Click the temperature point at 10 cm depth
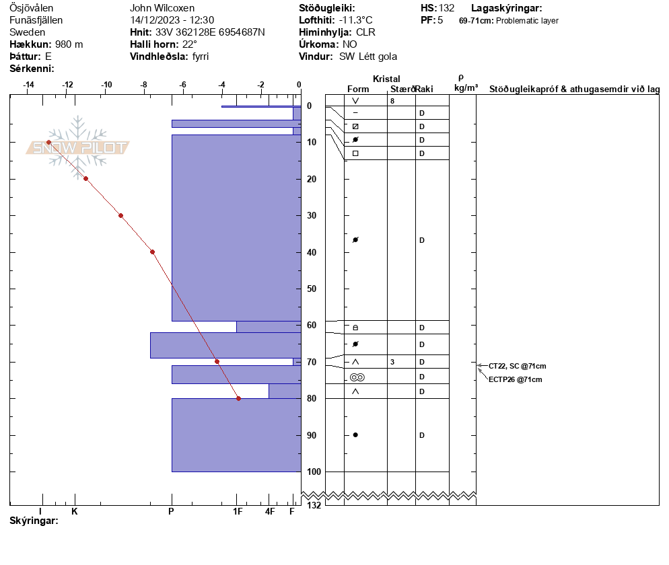(x=48, y=143)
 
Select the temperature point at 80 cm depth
(x=238, y=399)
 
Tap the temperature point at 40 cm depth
(x=152, y=252)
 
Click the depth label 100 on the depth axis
(x=314, y=472)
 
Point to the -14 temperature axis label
(x=28, y=85)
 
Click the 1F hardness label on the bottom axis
(x=238, y=511)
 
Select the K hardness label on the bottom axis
(x=75, y=511)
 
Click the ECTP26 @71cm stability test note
(x=516, y=379)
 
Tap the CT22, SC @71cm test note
(x=517, y=366)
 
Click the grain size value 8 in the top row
(x=392, y=101)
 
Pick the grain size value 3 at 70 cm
(x=392, y=362)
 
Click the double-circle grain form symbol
(x=357, y=377)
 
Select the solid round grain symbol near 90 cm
(x=355, y=435)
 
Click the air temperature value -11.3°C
(x=355, y=20)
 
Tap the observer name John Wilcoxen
(x=162, y=8)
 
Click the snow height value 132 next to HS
(x=446, y=8)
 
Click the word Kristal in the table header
(x=386, y=79)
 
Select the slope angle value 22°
(x=189, y=44)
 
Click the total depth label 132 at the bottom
(x=314, y=505)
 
